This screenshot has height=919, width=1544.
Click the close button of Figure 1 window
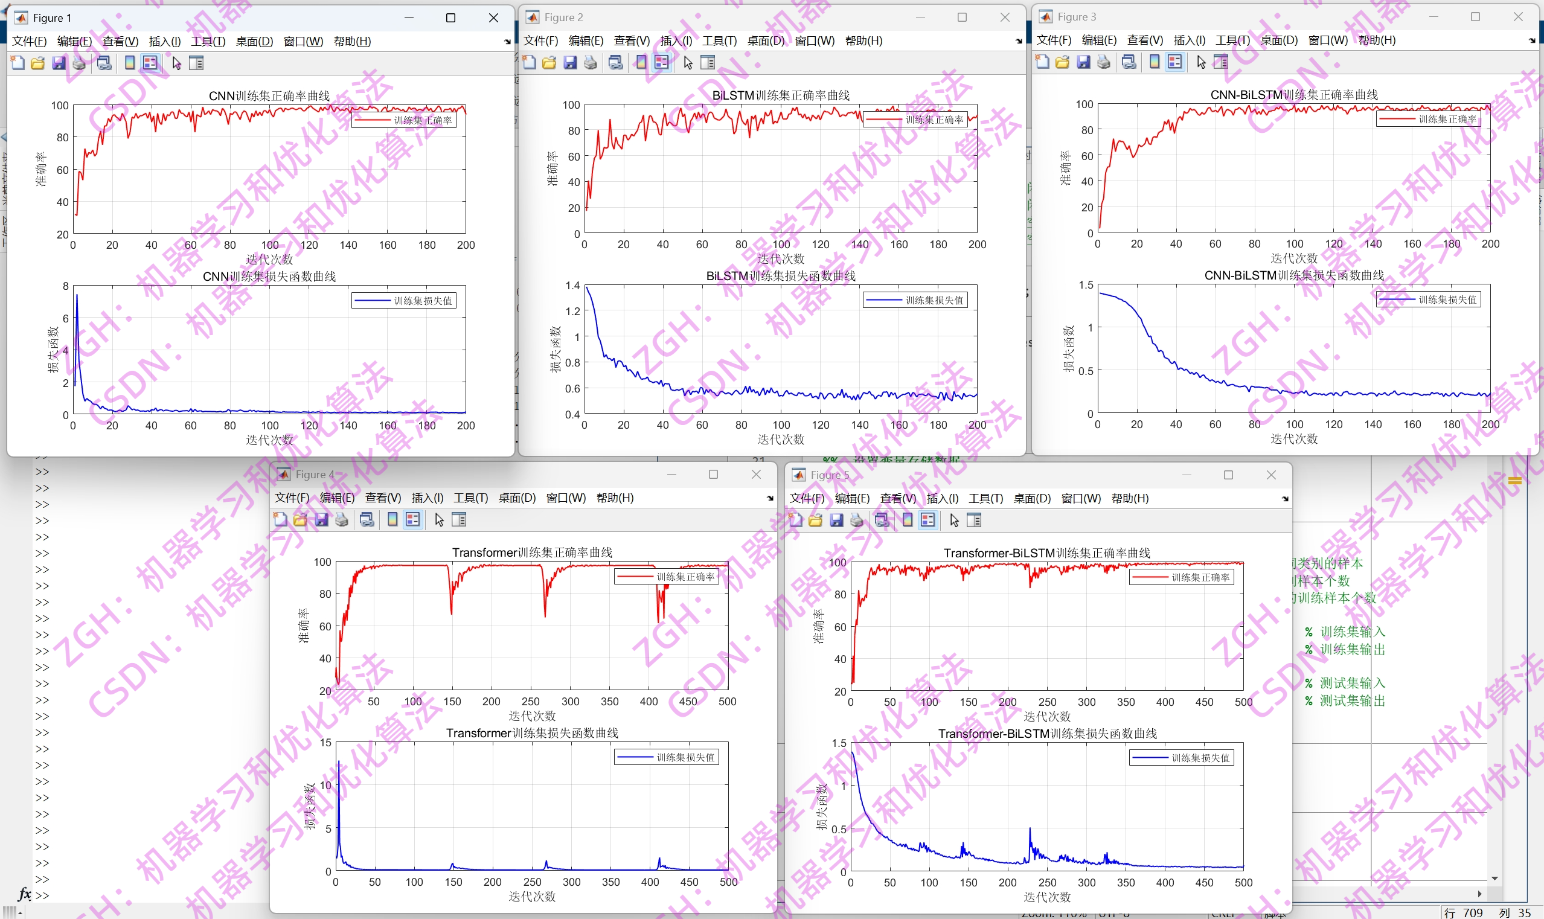point(493,18)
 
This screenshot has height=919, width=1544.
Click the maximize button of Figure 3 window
point(1475,17)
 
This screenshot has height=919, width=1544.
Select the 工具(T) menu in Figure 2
point(719,41)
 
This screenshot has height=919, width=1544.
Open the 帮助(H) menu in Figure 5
point(1130,499)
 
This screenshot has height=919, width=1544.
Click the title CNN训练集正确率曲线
point(269,96)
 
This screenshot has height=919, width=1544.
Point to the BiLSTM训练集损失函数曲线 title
point(780,276)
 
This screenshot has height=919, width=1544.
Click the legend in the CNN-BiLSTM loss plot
point(1428,299)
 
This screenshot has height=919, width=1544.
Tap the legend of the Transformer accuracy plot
point(667,577)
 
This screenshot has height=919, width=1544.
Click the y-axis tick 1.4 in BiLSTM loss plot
point(572,286)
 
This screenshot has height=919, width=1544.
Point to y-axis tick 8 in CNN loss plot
point(66,286)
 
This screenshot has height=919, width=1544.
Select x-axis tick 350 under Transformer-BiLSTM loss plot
point(1126,882)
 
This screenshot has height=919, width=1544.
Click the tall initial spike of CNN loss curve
point(77,297)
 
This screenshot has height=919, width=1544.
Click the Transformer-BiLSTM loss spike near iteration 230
point(1030,830)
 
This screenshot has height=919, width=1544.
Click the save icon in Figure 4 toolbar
point(321,519)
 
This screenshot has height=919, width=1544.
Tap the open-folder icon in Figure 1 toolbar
point(38,63)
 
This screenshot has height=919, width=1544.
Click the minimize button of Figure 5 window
point(1186,475)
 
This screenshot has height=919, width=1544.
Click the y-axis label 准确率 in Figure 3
point(1065,168)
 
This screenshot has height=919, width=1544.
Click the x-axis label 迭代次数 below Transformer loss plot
point(532,896)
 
